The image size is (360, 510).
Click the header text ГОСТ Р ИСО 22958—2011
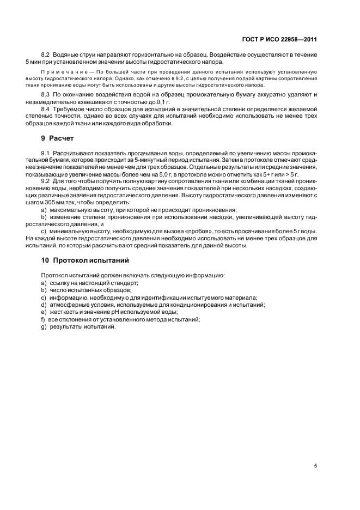coord(279,39)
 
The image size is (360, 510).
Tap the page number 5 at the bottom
coord(316,466)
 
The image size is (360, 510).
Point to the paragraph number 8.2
coord(46,55)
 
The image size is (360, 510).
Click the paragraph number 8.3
coord(46,95)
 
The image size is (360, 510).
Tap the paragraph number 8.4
coord(46,110)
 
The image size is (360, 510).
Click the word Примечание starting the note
coord(60,72)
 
